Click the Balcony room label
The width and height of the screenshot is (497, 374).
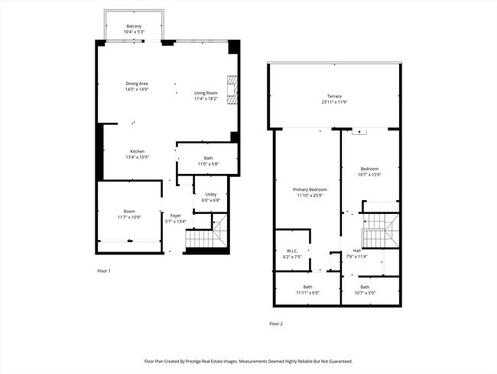(x=134, y=27)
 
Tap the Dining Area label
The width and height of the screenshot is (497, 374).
(x=137, y=84)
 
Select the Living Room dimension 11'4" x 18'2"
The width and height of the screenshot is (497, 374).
(x=206, y=98)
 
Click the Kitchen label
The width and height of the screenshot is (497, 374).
(x=138, y=151)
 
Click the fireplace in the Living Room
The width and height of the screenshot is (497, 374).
(x=232, y=90)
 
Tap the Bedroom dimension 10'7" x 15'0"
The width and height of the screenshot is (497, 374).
(x=369, y=174)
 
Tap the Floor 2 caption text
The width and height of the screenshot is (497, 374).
(x=276, y=324)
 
